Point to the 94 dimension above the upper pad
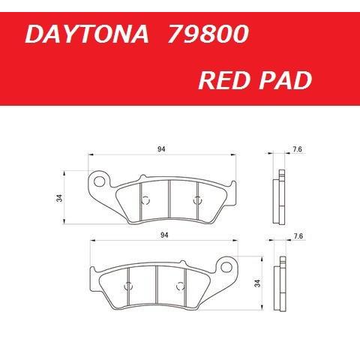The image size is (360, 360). click(x=161, y=150)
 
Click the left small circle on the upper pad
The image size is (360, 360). click(x=146, y=199)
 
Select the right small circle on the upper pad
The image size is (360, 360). click(x=197, y=199)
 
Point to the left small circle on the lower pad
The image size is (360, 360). click(x=128, y=285)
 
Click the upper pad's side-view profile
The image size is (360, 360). click(x=279, y=196)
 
